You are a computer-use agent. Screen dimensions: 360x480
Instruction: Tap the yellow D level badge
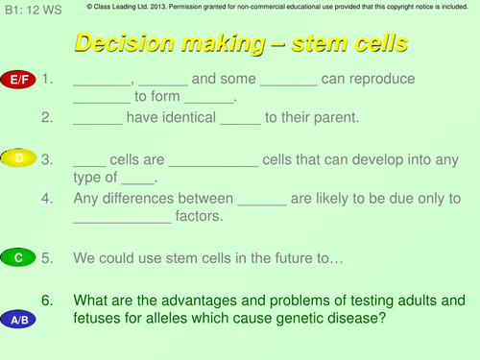[x=19, y=156]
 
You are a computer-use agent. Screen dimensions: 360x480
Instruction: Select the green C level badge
[x=19, y=257]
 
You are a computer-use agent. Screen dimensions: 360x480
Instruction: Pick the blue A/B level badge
[x=19, y=320]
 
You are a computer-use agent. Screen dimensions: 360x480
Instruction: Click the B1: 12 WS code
[x=28, y=9]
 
